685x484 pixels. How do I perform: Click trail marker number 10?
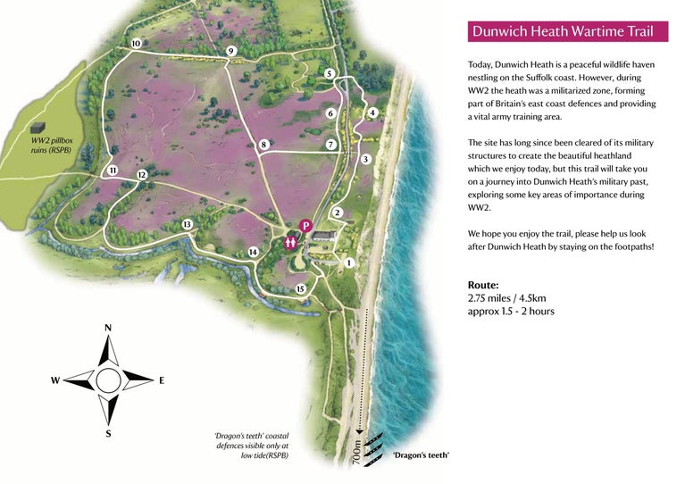[x=136, y=44]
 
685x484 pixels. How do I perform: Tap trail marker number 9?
[x=230, y=51]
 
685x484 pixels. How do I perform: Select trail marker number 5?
[x=330, y=73]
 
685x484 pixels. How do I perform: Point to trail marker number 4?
[x=372, y=113]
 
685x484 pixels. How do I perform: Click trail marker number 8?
[x=264, y=145]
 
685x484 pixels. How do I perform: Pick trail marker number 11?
[x=113, y=171]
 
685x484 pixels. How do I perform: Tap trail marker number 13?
[x=187, y=224]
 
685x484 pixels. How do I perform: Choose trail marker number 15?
[x=300, y=288]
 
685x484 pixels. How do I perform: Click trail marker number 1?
[x=349, y=263]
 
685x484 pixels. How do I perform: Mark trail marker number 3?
[x=365, y=159]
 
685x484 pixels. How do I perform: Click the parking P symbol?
[x=306, y=227]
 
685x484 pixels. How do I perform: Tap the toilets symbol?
[x=290, y=241]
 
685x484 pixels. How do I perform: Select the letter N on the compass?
[x=108, y=328]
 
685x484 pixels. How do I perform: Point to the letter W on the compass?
[x=55, y=380]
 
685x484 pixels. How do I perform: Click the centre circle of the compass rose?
[x=108, y=380]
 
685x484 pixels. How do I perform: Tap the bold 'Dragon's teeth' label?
[x=421, y=455]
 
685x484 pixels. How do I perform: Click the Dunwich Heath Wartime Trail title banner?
[x=567, y=32]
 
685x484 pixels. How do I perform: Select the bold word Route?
[x=483, y=285]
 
